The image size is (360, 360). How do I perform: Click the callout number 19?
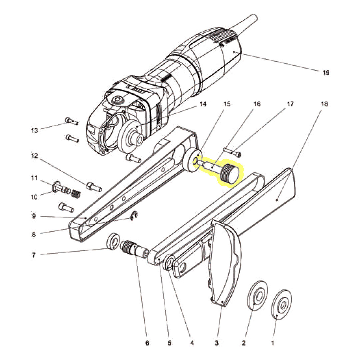326,72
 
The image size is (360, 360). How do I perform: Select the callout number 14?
203,104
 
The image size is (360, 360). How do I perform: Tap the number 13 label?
35,130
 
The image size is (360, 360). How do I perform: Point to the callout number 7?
34,255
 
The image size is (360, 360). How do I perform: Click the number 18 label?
324,104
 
